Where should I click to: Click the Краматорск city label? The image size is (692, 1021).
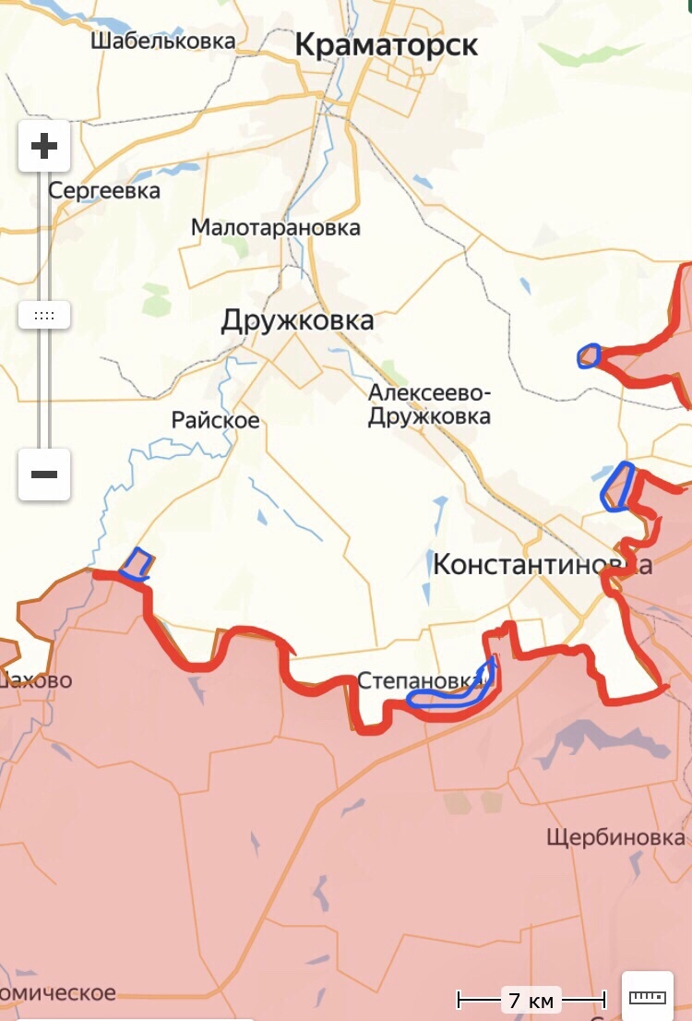(387, 44)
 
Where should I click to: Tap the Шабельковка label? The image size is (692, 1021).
(162, 41)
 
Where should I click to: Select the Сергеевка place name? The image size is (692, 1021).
(104, 191)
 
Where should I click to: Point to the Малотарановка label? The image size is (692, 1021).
(275, 227)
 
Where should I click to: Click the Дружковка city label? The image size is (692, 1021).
(297, 320)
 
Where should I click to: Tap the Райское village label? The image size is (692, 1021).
(215, 420)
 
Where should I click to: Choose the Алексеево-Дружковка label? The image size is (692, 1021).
(429, 404)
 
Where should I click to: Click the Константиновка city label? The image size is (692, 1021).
(542, 564)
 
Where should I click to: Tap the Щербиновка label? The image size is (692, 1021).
(615, 837)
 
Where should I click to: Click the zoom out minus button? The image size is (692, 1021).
(44, 474)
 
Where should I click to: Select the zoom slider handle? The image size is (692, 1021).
(44, 315)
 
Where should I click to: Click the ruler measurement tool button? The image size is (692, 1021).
(647, 996)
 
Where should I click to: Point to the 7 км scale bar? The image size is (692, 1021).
(531, 1000)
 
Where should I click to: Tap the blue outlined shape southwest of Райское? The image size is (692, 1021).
(137, 564)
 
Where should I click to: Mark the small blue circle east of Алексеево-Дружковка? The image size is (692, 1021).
(588, 355)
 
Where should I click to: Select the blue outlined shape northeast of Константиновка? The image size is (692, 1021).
(617, 486)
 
